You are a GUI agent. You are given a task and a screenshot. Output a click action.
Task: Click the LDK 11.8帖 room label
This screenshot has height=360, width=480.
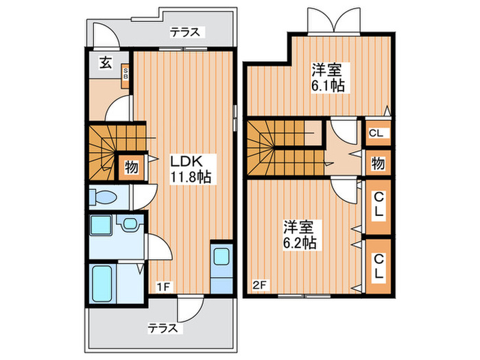pos(190,169)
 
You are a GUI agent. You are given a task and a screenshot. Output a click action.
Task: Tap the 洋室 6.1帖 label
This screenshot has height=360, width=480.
pos(327,77)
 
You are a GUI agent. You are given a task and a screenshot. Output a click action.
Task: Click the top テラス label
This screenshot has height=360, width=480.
pos(185,32)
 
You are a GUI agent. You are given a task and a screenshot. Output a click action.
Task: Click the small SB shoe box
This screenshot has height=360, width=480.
pos(125,73)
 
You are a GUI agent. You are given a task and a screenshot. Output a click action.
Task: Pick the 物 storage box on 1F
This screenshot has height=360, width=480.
pos(130,167)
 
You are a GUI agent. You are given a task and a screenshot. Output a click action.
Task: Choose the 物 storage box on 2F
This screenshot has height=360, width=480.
pos(378,163)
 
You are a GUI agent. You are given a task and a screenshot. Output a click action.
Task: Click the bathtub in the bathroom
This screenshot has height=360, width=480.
pos(104,280)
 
